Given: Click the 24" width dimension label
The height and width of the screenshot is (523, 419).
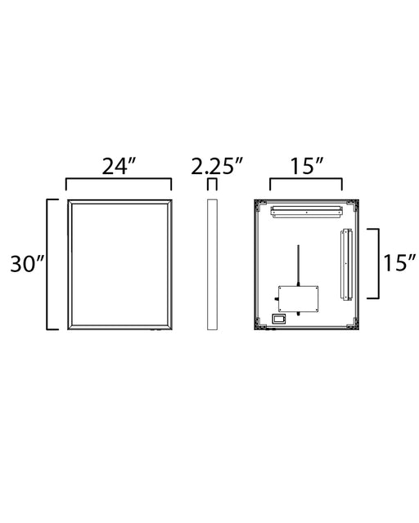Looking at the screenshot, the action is pos(119,166).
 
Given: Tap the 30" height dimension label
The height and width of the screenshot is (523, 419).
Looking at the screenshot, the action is pos(27,264).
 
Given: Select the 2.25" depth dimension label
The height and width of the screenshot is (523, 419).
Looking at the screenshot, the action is pos(217,166).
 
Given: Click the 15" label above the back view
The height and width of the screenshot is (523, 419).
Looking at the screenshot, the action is pos(306,166).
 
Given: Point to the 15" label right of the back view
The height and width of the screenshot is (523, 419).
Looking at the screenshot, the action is pos(399,263).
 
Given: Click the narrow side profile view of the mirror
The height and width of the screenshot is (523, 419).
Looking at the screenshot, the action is pos(212,265).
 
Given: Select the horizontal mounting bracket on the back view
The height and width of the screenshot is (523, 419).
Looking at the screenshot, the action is pos(306,212).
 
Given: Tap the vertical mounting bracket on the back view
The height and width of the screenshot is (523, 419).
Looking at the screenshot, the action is pos(346,264).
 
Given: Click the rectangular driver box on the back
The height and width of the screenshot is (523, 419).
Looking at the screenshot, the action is pos(298,299).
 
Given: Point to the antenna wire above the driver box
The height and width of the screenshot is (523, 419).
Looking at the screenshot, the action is pos(299,266).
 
